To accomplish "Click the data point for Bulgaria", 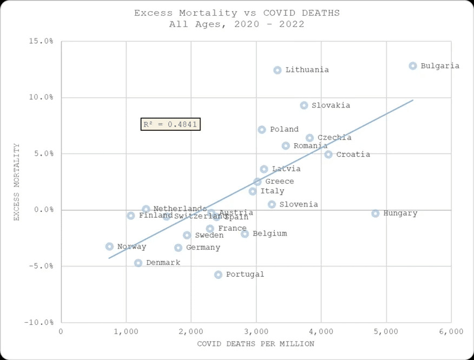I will point(413,66).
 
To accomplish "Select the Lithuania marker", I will point(278,70).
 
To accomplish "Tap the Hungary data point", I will point(376,214).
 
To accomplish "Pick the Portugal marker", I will point(218,275).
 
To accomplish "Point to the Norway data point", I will point(109,246).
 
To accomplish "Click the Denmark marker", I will point(138,263).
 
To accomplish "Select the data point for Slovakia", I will point(304,105).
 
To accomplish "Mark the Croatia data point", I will point(328,155).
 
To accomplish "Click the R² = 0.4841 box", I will point(170,124).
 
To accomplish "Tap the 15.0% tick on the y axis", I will point(42,41).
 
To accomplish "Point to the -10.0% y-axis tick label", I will point(41,322).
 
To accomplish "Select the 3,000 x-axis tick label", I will point(256,331).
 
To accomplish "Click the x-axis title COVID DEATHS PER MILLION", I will point(255,344).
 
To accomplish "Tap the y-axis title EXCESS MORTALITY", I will point(17,182).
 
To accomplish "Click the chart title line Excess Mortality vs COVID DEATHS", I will point(237,13).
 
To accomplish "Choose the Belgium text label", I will point(269,234).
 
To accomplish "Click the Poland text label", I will point(284,130).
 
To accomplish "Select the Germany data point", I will point(178,248).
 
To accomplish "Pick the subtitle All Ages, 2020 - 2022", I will point(236,24).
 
